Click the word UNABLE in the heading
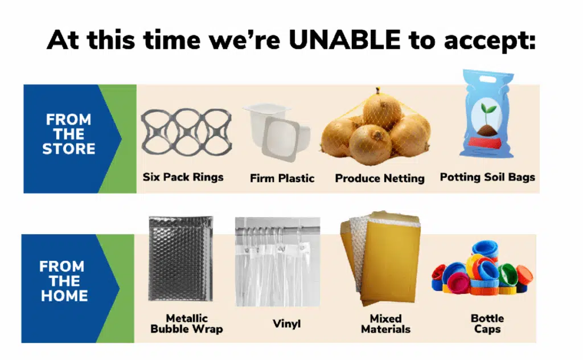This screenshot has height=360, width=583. click(344, 39)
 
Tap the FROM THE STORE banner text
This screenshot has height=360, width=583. click(69, 134)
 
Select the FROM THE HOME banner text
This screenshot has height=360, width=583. click(64, 281)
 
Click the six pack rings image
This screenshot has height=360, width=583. click(186, 132)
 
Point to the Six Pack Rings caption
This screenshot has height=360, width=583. click(183, 177)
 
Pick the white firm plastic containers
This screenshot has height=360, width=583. click(277, 132)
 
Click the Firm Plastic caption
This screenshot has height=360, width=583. click(282, 178)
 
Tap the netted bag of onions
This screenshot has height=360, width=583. click(376, 125)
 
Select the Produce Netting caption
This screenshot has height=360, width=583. click(380, 178)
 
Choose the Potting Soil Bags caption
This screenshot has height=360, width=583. click(487, 177)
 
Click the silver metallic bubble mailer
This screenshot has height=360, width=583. click(180, 259)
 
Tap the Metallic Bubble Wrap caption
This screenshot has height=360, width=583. click(187, 324)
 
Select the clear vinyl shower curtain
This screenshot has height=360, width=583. click(277, 262)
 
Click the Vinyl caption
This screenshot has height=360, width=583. click(286, 324)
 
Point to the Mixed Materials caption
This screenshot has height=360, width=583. click(385, 324)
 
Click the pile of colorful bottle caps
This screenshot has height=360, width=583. click(482, 268)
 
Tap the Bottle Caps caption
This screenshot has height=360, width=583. click(487, 324)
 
